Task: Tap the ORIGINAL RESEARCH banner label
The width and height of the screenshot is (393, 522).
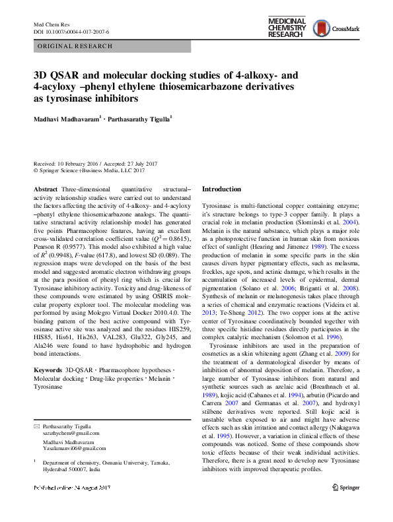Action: pyautogui.click(x=75, y=46)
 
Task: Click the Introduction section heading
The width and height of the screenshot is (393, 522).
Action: pyautogui.click(x=221, y=189)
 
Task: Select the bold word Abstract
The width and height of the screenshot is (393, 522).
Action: pyautogui.click(x=44, y=189)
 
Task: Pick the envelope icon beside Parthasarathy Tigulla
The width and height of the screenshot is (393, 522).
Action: pyautogui.click(x=36, y=408)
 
